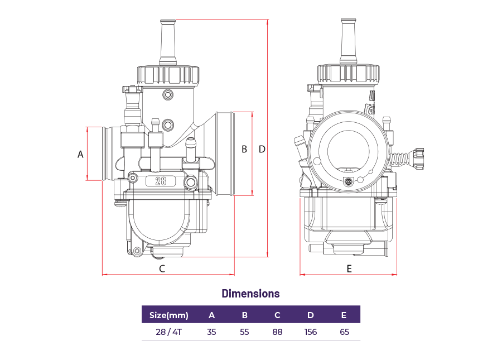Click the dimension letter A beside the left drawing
pyautogui.click(x=80, y=154)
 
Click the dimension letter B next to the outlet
pyautogui.click(x=244, y=150)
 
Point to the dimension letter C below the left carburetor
pyautogui.click(x=162, y=268)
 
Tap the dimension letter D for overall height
pyautogui.click(x=262, y=150)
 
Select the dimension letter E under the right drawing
pyautogui.click(x=349, y=268)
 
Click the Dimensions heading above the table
pyautogui.click(x=250, y=294)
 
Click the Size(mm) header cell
pyautogui.click(x=168, y=315)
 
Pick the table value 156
pyautogui.click(x=310, y=332)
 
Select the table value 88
pyautogui.click(x=277, y=332)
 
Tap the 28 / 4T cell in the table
pyautogui.click(x=168, y=332)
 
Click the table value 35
pyautogui.click(x=211, y=332)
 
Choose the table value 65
pyautogui.click(x=344, y=332)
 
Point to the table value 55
pyautogui.click(x=244, y=332)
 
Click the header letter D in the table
pyautogui.click(x=310, y=315)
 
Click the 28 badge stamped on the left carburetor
pyautogui.click(x=161, y=181)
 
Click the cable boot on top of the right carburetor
pyautogui.click(x=349, y=42)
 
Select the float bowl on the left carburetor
pyautogui.click(x=158, y=223)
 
